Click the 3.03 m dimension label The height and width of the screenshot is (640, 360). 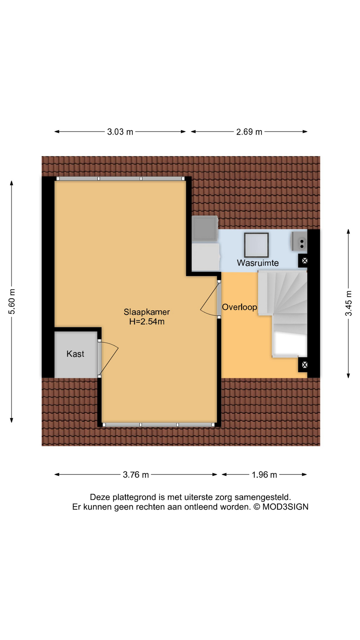pos(120,132)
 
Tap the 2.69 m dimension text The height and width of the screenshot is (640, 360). pos(249,132)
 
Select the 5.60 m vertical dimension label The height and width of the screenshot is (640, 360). pos(12,302)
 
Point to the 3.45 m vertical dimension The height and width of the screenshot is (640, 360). pos(348,303)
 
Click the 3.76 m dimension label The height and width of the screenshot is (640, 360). pos(136,475)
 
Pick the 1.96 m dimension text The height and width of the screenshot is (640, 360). pos(264,475)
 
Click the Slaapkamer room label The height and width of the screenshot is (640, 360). pos(147,312)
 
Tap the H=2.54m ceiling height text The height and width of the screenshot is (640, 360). pos(147,322)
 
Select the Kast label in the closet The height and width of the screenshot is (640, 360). pos(75,354)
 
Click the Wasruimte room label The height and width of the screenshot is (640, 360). pos(258,263)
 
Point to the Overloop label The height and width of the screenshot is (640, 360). pos(239,307)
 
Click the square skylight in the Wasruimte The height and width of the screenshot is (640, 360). pos(256,245)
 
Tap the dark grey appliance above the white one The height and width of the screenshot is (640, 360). pos(205,228)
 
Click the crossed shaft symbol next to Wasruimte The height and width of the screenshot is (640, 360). pos(304,261)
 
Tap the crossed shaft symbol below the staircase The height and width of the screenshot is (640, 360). pos(304,365)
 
